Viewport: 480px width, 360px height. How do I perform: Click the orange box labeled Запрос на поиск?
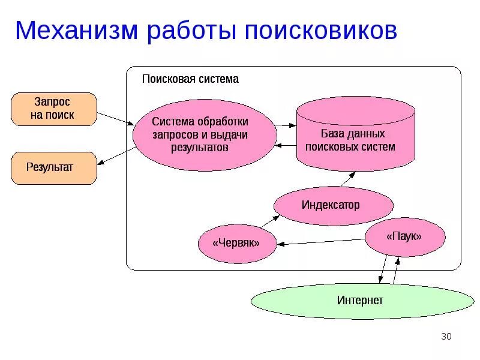(x=53, y=109)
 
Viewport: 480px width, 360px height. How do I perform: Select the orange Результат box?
(x=53, y=167)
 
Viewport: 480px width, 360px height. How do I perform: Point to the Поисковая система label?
(x=190, y=79)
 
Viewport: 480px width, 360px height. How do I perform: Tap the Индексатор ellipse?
(x=334, y=205)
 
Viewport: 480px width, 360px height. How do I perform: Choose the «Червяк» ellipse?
(x=237, y=243)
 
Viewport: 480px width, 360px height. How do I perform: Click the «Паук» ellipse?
(x=405, y=237)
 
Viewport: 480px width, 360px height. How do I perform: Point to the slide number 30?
(x=446, y=336)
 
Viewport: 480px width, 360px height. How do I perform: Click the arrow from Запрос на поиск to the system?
(x=115, y=118)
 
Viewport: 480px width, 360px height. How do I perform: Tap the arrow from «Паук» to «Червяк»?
(x=321, y=241)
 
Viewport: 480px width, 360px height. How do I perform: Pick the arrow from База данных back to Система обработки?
(x=286, y=145)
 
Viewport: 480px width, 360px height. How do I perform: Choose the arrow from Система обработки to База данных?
(x=286, y=125)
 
